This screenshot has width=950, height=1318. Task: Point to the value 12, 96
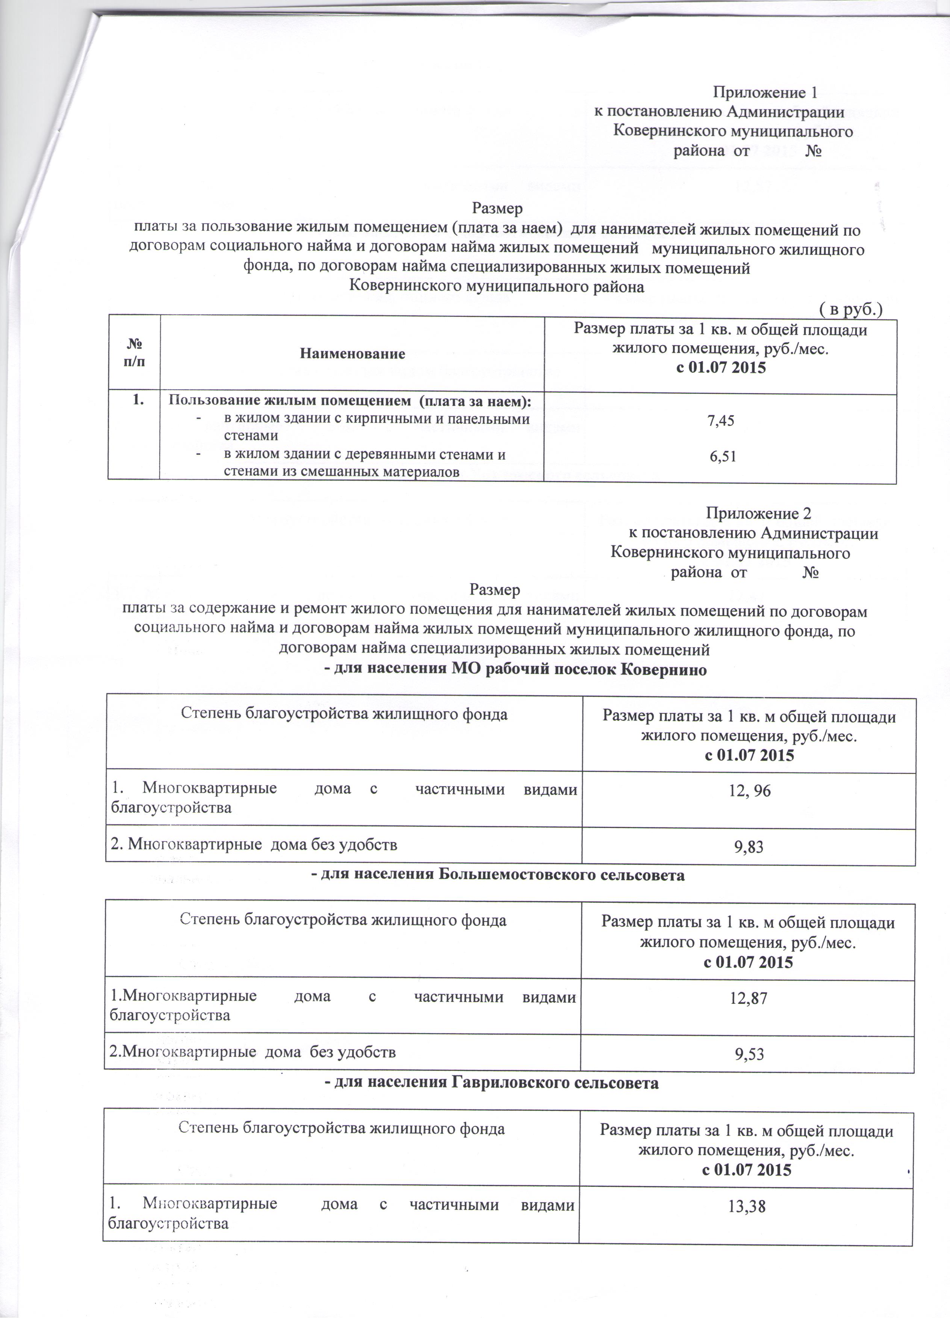(x=748, y=790)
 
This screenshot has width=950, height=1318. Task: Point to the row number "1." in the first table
(x=139, y=401)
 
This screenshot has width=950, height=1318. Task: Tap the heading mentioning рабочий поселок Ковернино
(x=515, y=669)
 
